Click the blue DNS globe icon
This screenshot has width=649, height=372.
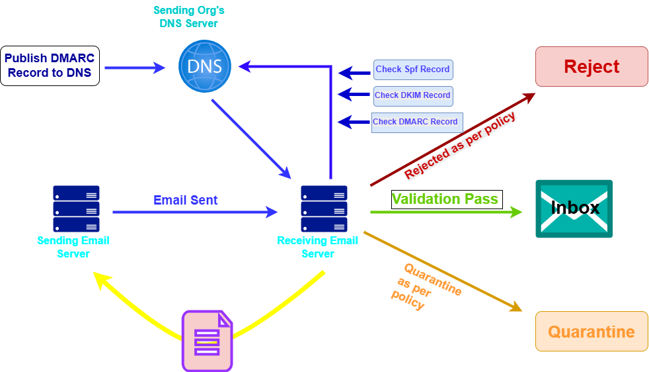pos(205,66)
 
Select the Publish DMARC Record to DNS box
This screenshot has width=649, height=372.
pos(50,66)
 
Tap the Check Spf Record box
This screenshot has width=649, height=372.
pos(413,70)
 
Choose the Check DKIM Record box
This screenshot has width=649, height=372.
pos(413,95)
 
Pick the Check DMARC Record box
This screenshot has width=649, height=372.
pos(416,122)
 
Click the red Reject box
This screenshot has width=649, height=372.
pos(592,67)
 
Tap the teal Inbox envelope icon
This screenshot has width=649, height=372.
pos(574,209)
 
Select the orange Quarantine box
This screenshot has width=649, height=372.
pos(592,332)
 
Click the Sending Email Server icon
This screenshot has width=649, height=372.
pos(76,209)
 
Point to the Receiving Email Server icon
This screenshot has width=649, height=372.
pos(324,209)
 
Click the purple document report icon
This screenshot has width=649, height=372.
pos(207,340)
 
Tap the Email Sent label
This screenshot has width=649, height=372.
pos(186,199)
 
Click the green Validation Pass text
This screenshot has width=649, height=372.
pos(445,199)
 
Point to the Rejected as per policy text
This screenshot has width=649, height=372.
pos(460,146)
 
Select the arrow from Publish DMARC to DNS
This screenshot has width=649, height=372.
pos(135,68)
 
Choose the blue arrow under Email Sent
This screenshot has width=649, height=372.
pos(195,212)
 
